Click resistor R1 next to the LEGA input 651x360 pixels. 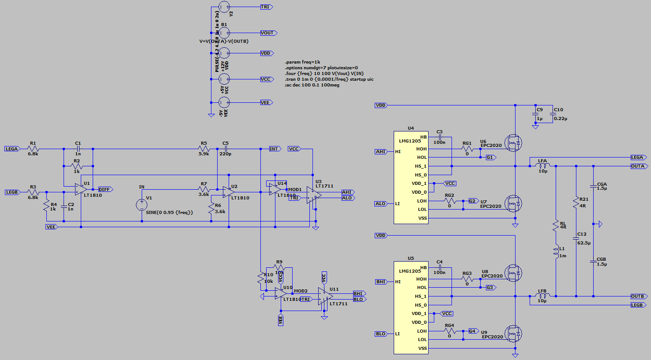(x=33, y=149)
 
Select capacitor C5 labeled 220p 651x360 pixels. (x=225, y=149)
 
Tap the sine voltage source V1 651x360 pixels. (x=142, y=205)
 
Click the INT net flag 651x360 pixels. (x=275, y=149)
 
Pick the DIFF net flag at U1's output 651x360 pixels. (x=105, y=189)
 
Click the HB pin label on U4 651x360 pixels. (x=423, y=137)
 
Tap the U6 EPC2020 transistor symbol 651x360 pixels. (x=513, y=142)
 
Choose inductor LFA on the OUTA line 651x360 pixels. (x=542, y=166)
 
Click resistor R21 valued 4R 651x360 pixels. (x=576, y=202)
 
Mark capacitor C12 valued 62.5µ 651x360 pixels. (x=576, y=238)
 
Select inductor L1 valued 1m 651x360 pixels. (x=556, y=251)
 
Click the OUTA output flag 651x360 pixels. (x=638, y=166)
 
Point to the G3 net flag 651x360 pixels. (x=490, y=288)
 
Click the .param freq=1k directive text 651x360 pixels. (x=302, y=62)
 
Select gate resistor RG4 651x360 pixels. (x=449, y=331)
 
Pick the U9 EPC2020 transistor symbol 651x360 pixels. (x=513, y=334)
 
